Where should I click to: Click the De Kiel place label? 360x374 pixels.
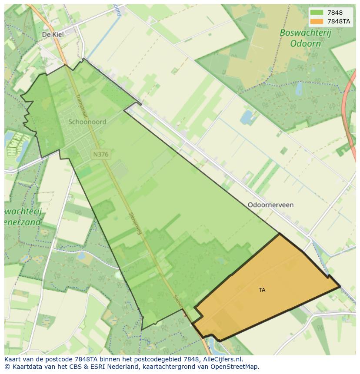tap(53, 34)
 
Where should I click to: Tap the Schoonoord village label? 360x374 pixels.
tap(87, 122)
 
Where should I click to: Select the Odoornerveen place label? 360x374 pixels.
tap(270, 205)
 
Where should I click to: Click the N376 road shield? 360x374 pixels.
tap(100, 154)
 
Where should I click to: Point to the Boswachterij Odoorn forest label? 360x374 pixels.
tap(300, 38)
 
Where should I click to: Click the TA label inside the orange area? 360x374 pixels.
tap(262, 290)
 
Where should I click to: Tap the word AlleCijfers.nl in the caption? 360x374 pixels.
tap(222, 359)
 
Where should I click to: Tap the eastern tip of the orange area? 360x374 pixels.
tap(340, 287)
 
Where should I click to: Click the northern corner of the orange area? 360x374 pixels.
tap(279, 234)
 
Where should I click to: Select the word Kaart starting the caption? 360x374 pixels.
tap(13, 359)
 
